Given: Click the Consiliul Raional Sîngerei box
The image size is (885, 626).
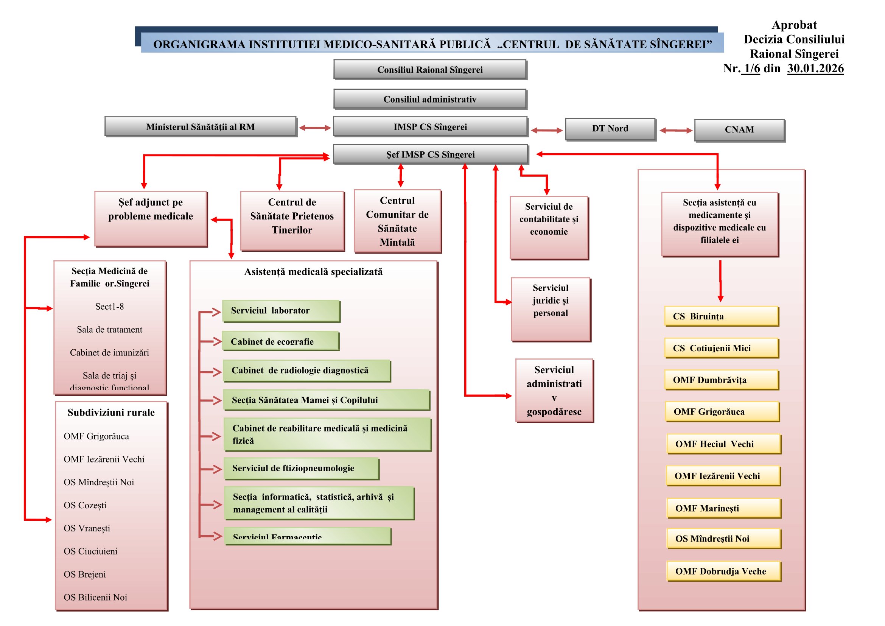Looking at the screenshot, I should click(x=430, y=70).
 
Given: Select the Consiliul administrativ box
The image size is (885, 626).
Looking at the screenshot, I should click(x=430, y=100).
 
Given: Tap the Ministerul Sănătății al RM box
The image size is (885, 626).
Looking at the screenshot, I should click(x=201, y=127).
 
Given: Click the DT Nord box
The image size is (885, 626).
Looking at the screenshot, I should click(x=610, y=129).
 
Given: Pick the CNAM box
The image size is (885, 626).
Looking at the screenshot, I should click(x=739, y=130).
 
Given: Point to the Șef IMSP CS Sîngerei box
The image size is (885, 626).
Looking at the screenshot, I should click(x=430, y=154).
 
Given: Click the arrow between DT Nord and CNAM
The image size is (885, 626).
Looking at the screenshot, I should click(x=676, y=131).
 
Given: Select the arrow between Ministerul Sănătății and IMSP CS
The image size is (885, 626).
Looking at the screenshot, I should click(x=315, y=128).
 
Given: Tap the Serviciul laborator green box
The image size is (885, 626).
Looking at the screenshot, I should click(x=281, y=311).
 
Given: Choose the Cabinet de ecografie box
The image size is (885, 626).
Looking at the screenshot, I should click(x=280, y=341).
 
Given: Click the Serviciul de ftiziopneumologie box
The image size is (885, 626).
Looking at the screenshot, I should click(x=301, y=468).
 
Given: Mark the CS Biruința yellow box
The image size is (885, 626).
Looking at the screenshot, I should click(x=721, y=316).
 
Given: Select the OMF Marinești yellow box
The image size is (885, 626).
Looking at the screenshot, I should click(x=723, y=508).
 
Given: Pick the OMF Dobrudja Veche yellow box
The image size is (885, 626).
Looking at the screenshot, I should click(x=723, y=571).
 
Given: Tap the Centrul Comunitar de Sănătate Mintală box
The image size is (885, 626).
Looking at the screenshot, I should click(x=397, y=221).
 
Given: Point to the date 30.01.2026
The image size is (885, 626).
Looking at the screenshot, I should click(x=815, y=69).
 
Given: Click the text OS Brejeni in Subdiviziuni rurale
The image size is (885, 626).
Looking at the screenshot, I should click(x=85, y=575).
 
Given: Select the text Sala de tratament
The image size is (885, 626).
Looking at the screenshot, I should click(x=109, y=330).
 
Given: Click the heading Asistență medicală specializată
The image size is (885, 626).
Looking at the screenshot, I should click(x=313, y=272).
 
